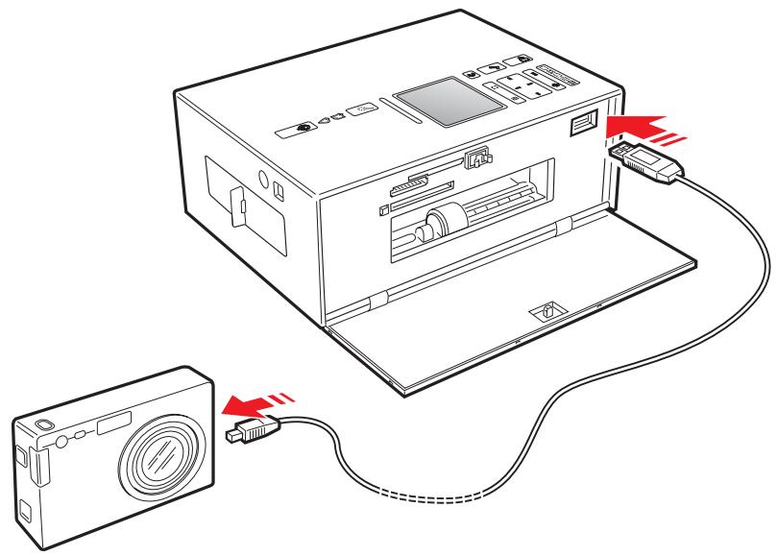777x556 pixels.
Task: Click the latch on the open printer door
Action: (543, 311)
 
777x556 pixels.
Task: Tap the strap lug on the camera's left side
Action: (39, 471)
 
